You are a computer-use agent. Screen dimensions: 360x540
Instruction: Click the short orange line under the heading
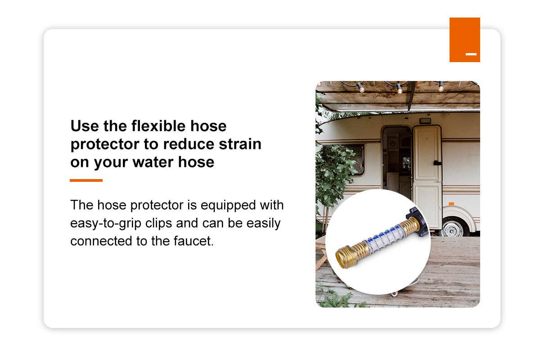tap(86, 180)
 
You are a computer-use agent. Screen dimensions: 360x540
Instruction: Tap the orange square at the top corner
tap(464, 40)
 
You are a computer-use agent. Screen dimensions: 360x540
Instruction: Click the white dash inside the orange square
tap(471, 54)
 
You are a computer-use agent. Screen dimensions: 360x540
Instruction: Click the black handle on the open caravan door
tap(435, 162)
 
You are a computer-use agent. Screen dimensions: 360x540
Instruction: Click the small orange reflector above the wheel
tap(451, 203)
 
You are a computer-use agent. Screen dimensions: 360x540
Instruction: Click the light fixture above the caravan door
tap(424, 121)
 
